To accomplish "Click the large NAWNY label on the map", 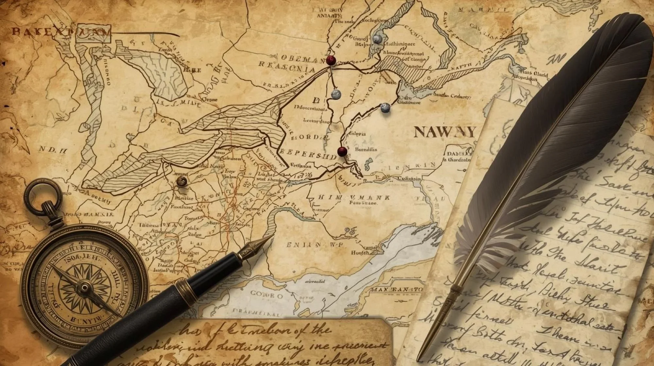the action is pos(445,132).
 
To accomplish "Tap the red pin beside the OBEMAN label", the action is pos(331,60).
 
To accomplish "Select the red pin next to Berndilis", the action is pos(342,151).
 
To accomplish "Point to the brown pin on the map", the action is pos(181,181).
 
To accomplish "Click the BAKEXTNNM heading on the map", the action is pos(60,32).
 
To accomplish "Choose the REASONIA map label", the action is pos(287,67).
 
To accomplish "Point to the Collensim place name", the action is pos(409,178).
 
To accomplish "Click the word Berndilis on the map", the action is pos(366,149).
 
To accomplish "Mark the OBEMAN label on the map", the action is pos(299,59).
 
